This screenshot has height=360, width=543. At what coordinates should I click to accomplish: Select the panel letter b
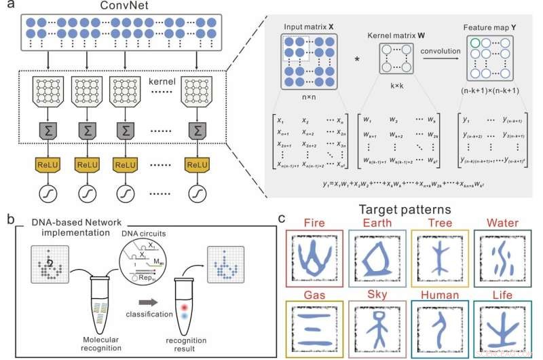pyautogui.click(x=10, y=220)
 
